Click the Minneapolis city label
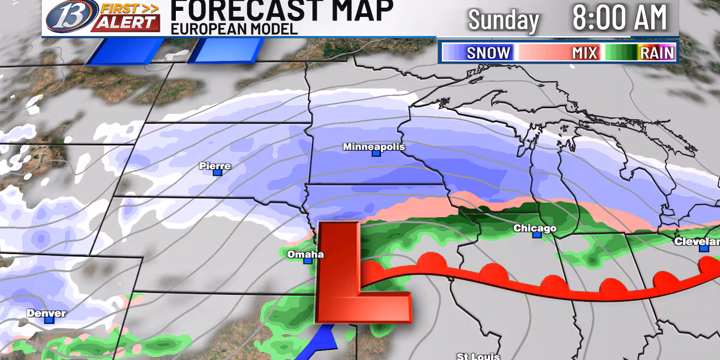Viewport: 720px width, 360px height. [374, 147]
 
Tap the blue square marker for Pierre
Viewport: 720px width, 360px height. [218, 172]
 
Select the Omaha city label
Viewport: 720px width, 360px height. [305, 254]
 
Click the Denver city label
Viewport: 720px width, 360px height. [46, 313]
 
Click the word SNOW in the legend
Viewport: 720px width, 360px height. [488, 53]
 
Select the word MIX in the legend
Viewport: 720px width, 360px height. [584, 53]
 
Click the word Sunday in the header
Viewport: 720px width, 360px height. [503, 20]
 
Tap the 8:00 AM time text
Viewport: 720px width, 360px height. [619, 18]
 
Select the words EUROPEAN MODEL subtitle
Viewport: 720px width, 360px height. [234, 29]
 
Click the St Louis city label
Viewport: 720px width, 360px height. [478, 355]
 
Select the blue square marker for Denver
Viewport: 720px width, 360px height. [49, 320]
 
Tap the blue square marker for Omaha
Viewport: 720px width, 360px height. [308, 260]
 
